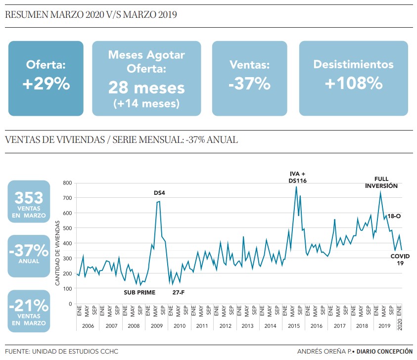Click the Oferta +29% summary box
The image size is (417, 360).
(x=46, y=78)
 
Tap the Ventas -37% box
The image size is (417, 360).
(x=249, y=78)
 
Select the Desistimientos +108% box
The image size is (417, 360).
(x=353, y=78)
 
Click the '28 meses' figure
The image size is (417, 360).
(x=146, y=88)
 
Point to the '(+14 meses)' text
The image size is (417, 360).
(x=146, y=103)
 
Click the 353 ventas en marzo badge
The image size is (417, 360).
(x=29, y=202)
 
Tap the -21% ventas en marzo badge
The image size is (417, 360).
(x=29, y=311)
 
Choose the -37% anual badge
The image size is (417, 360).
(x=29, y=255)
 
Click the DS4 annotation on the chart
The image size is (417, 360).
(x=159, y=192)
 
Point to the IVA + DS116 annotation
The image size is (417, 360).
(x=297, y=177)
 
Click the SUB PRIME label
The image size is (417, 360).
(x=139, y=292)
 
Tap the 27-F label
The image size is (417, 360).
(x=179, y=292)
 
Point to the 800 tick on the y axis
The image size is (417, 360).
(x=67, y=183)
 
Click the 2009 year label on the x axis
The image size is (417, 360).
(x=156, y=326)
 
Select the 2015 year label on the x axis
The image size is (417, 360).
(x=293, y=326)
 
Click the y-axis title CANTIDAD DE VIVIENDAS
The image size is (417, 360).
(x=57, y=253)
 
